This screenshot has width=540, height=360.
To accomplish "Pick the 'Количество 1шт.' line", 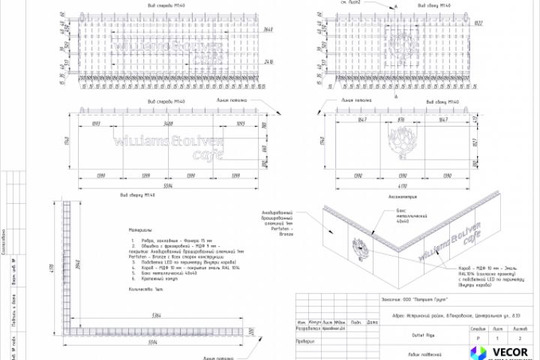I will [x=145, y=289].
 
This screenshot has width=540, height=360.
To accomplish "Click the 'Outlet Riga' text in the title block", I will [x=404, y=336].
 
